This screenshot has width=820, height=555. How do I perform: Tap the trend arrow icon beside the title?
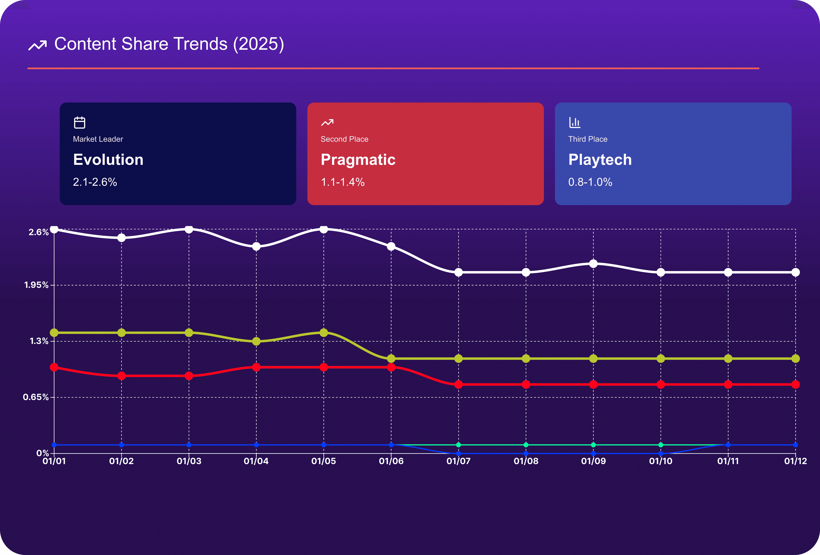tap(37, 46)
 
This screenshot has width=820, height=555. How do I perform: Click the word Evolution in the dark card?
tap(108, 160)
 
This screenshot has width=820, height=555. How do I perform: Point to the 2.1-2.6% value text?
tap(95, 182)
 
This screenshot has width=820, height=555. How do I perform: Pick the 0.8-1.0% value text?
tap(590, 182)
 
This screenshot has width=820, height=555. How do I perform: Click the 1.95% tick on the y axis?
tap(36, 285)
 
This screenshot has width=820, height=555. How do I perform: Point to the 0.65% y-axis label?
tap(36, 397)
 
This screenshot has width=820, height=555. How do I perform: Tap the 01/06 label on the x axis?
tap(391, 461)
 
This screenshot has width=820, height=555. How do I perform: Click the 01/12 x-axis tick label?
tap(795, 461)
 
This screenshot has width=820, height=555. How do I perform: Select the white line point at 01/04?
tap(256, 247)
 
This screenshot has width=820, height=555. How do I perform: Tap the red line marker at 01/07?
tap(458, 385)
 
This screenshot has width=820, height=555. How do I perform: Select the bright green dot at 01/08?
tap(526, 445)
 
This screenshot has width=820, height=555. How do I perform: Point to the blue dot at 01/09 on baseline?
tap(593, 453)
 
